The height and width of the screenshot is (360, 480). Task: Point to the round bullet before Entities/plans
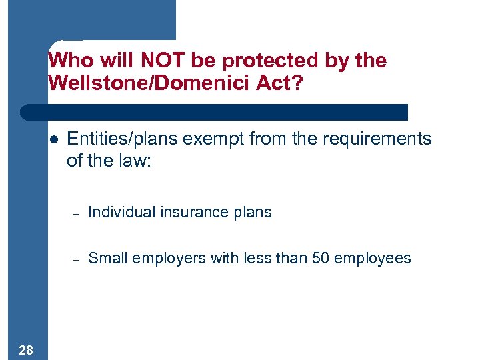click(53, 140)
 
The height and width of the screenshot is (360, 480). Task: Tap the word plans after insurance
click(253, 213)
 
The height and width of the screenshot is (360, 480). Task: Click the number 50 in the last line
click(321, 259)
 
